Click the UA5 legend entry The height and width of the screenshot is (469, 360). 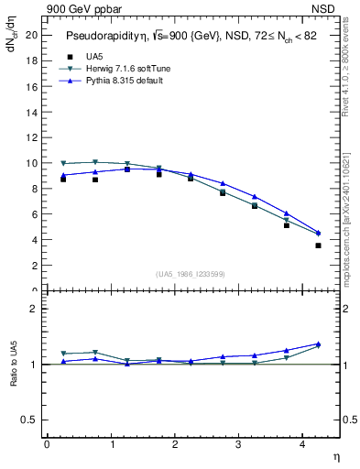coord(93,57)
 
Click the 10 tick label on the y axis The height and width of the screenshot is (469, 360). coord(32,163)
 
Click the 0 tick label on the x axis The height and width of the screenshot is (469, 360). coord(47,444)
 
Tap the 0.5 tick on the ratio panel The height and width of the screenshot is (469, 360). coord(30,420)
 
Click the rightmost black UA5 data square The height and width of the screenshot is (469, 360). coord(318,245)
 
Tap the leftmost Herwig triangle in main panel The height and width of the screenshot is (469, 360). coord(63,163)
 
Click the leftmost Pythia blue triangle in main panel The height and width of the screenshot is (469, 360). coord(63,175)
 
